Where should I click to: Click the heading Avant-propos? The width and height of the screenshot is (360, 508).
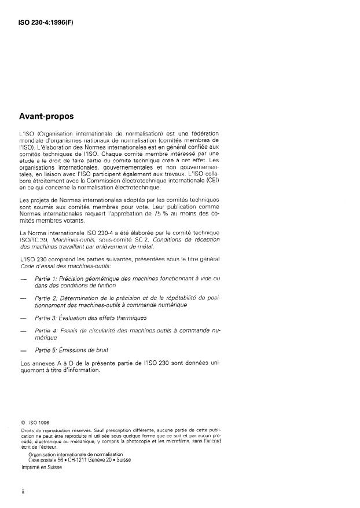(51, 116)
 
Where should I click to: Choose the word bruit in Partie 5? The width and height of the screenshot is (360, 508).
(100, 350)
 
